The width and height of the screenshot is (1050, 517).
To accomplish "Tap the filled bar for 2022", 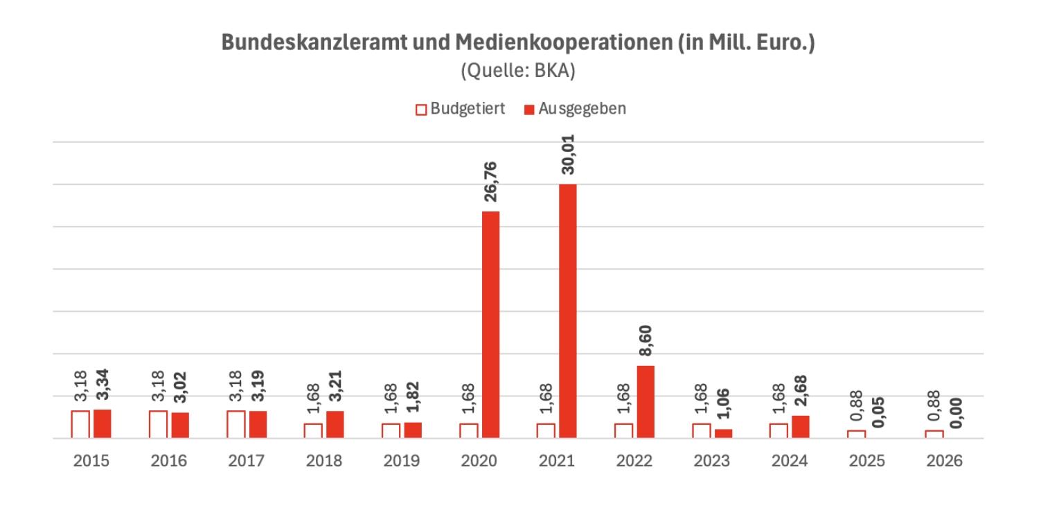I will [x=646, y=402].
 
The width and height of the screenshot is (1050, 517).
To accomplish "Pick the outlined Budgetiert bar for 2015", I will [x=80, y=424].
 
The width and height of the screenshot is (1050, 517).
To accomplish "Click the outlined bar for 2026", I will [x=934, y=435].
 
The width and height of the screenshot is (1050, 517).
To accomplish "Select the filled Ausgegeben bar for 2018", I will [x=335, y=424].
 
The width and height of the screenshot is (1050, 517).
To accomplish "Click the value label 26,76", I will [x=491, y=182].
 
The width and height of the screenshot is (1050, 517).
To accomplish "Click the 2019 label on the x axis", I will [x=401, y=461].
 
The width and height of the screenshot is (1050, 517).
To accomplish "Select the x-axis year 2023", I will [x=711, y=461].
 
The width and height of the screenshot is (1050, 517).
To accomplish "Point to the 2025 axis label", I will [x=866, y=461].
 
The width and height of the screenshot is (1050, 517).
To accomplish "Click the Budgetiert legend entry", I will [x=461, y=109].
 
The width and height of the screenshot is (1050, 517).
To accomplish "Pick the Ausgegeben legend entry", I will [x=575, y=109].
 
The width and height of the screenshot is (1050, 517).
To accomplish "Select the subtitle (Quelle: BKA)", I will [x=518, y=72].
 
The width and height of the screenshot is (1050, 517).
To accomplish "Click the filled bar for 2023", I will [x=723, y=434].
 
